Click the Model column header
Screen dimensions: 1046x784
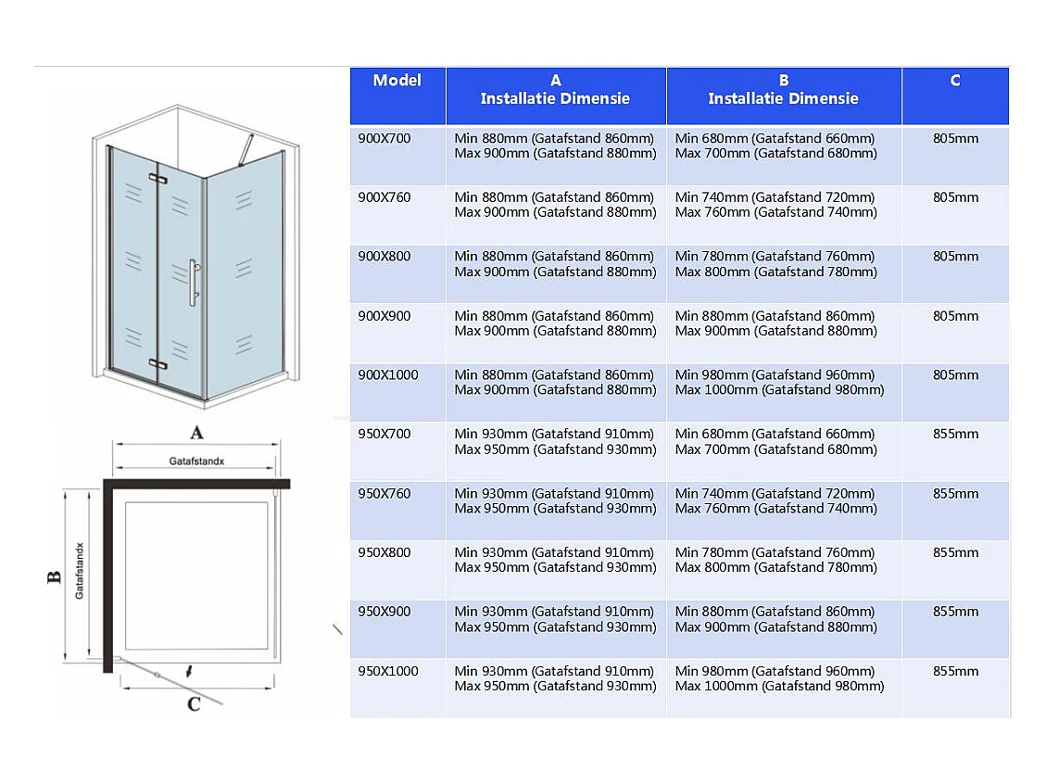coord(397,81)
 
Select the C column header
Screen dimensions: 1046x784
coord(955,81)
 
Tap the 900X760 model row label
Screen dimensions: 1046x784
coord(384,197)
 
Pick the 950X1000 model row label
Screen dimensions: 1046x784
coord(388,671)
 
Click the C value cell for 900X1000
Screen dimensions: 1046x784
coord(955,375)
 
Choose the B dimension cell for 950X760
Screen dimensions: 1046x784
coord(775,501)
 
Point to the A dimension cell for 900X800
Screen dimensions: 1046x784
coord(555,264)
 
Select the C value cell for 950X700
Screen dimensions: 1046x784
coord(955,434)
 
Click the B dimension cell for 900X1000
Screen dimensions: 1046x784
coord(779,383)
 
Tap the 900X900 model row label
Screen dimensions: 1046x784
coord(384,316)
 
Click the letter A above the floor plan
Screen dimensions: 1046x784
coord(196,433)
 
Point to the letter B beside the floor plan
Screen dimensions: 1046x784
coord(54,577)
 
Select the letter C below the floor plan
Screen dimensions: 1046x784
coord(195,704)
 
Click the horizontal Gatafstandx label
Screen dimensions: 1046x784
coord(196,462)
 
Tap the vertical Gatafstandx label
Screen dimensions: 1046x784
coord(80,571)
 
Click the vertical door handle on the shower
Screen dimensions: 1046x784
coord(194,283)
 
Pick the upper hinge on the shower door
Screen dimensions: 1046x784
coord(158,178)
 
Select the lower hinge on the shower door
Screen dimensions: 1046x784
coord(158,364)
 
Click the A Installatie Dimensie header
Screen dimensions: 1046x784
coord(555,89)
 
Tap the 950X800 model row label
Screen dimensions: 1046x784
coord(384,552)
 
